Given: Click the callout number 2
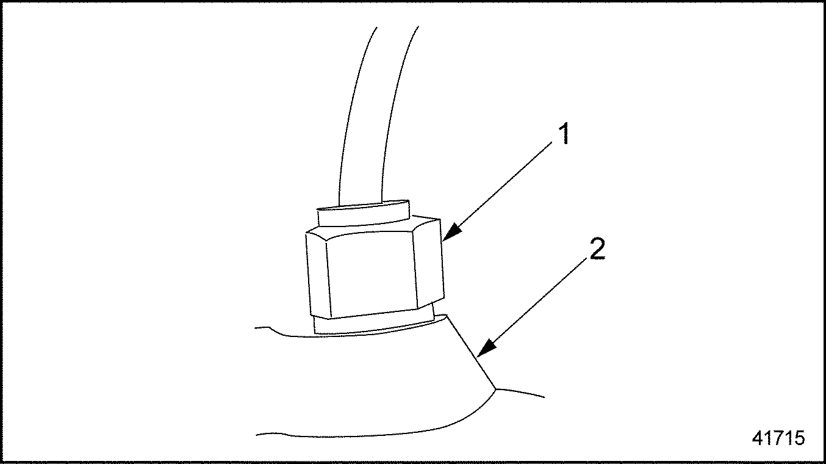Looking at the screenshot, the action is pyautogui.click(x=597, y=249).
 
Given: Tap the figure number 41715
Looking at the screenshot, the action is pyautogui.click(x=778, y=438).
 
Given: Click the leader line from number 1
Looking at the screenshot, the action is pyautogui.click(x=497, y=191).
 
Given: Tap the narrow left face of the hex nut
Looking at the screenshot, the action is pyautogui.click(x=318, y=275).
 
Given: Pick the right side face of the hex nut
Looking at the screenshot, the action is pyautogui.click(x=428, y=261).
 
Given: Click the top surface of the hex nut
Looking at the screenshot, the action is pyautogui.click(x=373, y=228).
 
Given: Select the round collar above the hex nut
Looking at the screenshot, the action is pyautogui.click(x=363, y=213).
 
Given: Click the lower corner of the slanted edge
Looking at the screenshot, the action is pyautogui.click(x=495, y=389).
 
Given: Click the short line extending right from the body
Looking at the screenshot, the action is pyautogui.click(x=520, y=393).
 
